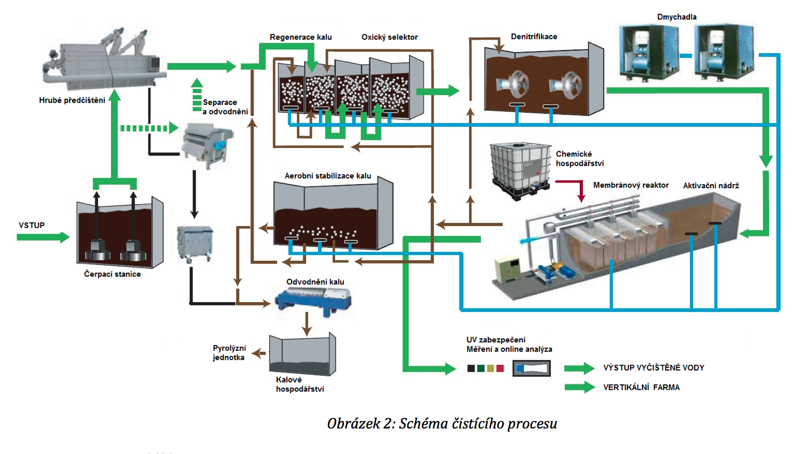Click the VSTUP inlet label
(x=31, y=225)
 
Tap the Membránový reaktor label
(x=631, y=185)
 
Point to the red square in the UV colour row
(x=500, y=368)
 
